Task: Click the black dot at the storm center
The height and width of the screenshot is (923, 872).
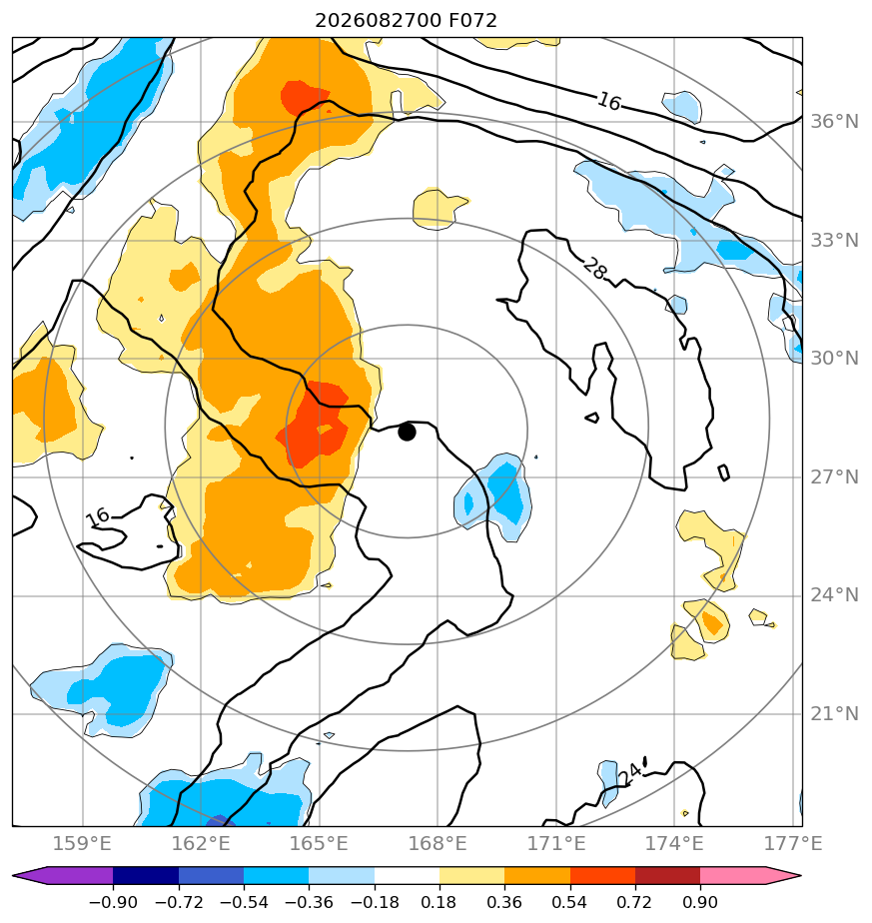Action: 407,432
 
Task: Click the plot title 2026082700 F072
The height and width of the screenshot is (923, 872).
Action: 406,21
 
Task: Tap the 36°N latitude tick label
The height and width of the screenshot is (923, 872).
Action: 834,122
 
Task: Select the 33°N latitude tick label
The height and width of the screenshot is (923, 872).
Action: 834,241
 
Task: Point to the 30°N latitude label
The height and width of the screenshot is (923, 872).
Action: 834,359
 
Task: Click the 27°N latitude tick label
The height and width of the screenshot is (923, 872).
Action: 834,476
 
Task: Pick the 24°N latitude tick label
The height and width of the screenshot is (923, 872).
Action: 834,595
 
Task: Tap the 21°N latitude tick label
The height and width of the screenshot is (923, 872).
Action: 834,714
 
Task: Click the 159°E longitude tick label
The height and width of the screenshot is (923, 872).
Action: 83,843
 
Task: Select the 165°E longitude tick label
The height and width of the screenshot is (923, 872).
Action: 319,843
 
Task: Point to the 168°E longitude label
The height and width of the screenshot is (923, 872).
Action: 437,843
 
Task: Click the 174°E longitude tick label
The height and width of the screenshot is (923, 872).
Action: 675,843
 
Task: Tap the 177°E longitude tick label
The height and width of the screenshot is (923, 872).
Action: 793,843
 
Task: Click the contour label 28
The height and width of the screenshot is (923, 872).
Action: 594,269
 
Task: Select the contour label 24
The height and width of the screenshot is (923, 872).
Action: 629,774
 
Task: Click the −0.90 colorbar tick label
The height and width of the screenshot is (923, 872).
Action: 113,902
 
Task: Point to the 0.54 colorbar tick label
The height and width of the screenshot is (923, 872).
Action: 570,902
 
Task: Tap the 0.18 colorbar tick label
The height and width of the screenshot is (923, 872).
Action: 439,902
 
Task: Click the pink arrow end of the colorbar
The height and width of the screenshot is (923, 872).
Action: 765,876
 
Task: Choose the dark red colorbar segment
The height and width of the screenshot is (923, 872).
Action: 667,876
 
